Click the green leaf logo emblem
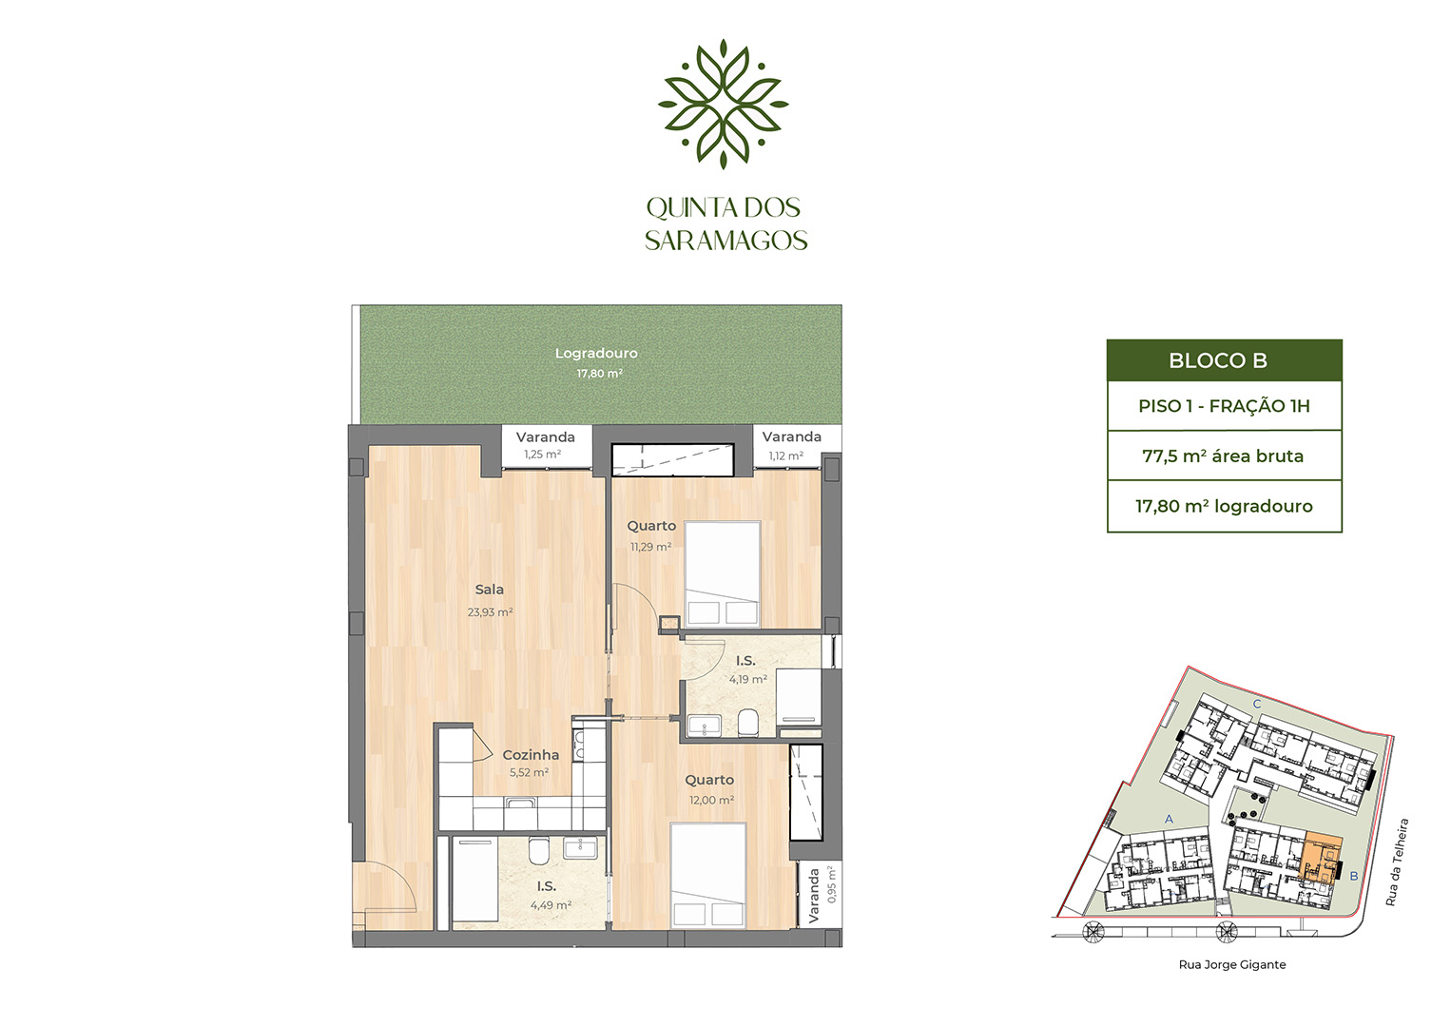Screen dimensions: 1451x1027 [x=724, y=104]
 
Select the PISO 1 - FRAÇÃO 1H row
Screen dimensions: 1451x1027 [x=1224, y=406]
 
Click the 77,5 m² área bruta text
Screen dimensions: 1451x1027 [x=1223, y=456]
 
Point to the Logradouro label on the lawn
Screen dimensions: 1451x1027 [x=596, y=354]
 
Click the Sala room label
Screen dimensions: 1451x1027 [x=489, y=590]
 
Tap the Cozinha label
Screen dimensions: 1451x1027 [x=531, y=755]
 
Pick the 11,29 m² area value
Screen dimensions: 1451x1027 [x=651, y=547]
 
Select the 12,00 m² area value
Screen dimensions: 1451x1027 [x=711, y=801]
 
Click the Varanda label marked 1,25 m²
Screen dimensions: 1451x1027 [x=546, y=437]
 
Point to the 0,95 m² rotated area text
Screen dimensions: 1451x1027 [x=832, y=885]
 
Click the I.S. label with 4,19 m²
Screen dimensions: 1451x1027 [x=745, y=661]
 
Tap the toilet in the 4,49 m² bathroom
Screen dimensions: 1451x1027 [x=538, y=851]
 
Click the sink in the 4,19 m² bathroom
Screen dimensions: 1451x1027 [x=705, y=726]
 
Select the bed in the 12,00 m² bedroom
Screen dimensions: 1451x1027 [x=708, y=876]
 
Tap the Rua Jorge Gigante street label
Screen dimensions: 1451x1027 [x=1232, y=965]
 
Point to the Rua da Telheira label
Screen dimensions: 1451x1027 [x=1397, y=862]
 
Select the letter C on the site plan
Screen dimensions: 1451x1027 [x=1257, y=705]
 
